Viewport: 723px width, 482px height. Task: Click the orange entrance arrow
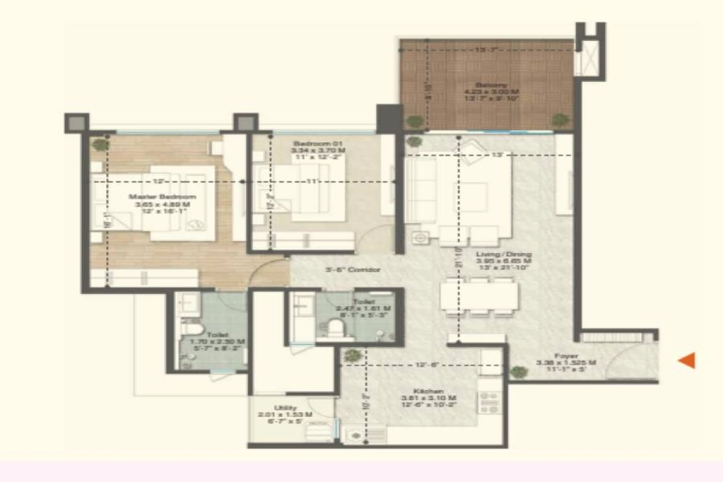(x=687, y=360)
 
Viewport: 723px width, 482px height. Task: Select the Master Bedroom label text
(x=161, y=197)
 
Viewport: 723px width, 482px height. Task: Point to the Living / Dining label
(x=504, y=254)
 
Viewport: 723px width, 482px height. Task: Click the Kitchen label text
(x=429, y=390)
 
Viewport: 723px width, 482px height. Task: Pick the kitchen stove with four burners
(x=489, y=403)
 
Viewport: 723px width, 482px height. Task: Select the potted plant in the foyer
(x=518, y=372)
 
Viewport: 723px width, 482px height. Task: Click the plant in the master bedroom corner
(x=101, y=145)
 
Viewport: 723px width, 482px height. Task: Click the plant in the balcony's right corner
(x=561, y=120)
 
